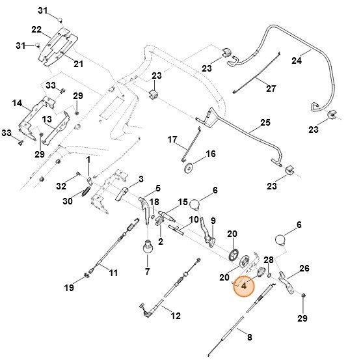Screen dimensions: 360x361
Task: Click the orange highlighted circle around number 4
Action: pos(245,286)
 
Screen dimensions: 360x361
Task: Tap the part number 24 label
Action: pos(296,61)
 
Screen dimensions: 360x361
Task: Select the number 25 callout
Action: pos(265,122)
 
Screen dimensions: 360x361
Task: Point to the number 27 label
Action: pos(271,89)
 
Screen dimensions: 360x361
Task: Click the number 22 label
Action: pos(36,29)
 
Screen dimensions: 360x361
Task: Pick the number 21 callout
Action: pos(78,63)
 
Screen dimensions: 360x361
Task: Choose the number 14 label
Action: pos(17,103)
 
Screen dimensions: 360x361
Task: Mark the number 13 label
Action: pos(47,120)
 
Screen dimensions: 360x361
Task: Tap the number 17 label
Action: pos(172,140)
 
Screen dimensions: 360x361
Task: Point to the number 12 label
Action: pos(175,316)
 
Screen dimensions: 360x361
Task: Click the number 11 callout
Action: pos(113,272)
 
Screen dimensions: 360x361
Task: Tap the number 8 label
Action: pos(248,337)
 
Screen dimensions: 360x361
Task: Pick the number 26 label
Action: pos(304,268)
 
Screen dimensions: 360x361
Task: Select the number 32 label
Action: pos(61,186)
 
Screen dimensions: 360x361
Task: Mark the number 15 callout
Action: pos(183,202)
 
